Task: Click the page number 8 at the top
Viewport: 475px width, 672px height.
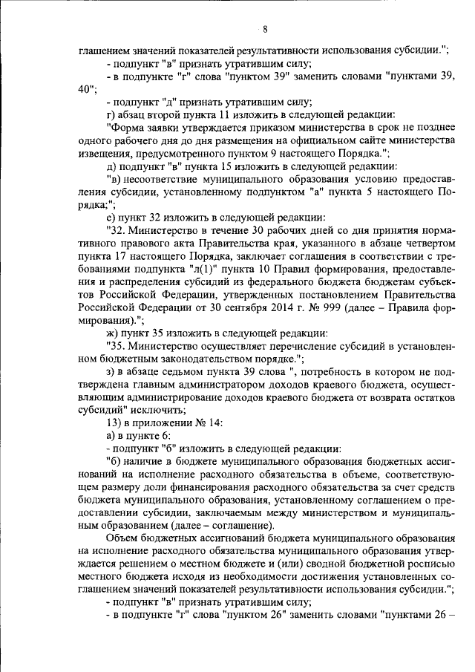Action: (265, 30)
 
